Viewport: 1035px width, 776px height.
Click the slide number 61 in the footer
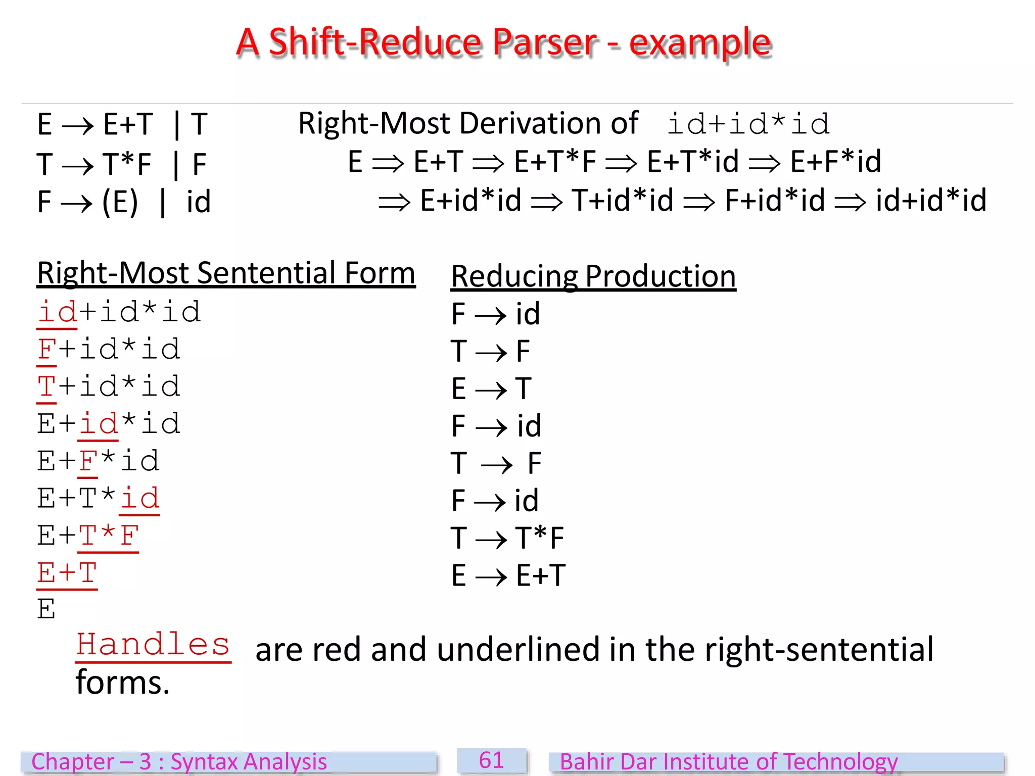pyautogui.click(x=491, y=760)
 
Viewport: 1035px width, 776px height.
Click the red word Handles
pyautogui.click(x=153, y=645)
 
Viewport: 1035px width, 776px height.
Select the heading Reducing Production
pyautogui.click(x=593, y=276)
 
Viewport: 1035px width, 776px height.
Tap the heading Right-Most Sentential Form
pyautogui.click(x=226, y=273)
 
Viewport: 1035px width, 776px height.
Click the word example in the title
pyautogui.click(x=700, y=43)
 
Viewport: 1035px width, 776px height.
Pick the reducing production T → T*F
pyautogui.click(x=507, y=538)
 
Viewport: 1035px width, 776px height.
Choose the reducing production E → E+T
pyautogui.click(x=508, y=575)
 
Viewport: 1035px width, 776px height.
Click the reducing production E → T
pyautogui.click(x=491, y=389)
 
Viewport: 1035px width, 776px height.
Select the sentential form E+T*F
pyautogui.click(x=88, y=536)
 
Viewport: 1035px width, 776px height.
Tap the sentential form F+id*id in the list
pyautogui.click(x=109, y=349)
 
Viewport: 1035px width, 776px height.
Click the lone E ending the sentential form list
pyautogui.click(x=46, y=609)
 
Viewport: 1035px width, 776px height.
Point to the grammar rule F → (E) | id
pyautogui.click(x=124, y=202)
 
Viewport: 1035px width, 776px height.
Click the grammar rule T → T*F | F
pyautogui.click(x=122, y=164)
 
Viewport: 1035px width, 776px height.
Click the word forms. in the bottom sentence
pyautogui.click(x=122, y=683)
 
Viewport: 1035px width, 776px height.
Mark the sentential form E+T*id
pyautogui.click(x=99, y=498)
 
